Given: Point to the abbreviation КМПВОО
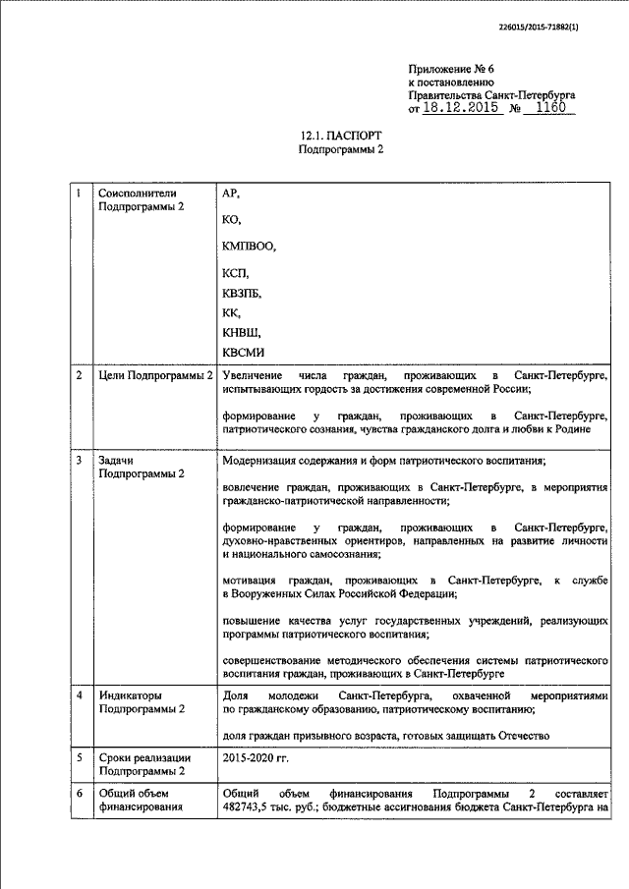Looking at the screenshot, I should coord(251,246).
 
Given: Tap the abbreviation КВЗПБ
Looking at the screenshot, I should coord(243,293).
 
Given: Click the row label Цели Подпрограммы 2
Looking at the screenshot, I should coord(157,376).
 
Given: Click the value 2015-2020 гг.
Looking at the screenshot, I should coord(256,758).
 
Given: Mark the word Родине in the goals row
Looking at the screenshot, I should coord(590,428).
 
